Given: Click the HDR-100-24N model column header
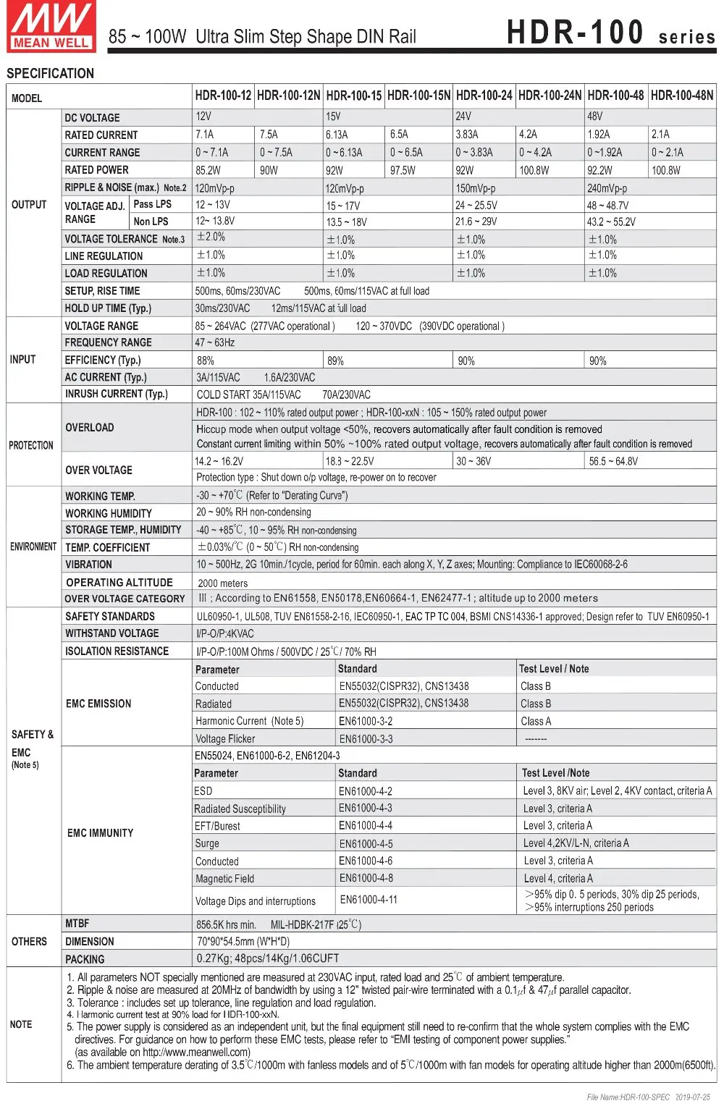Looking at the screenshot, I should pos(550,96).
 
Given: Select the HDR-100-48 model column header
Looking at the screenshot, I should pos(615,96).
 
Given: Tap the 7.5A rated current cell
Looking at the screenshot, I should pos(269,135).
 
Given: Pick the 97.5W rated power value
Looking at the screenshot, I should pos(403,171).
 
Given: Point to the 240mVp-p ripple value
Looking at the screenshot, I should pos(607,188).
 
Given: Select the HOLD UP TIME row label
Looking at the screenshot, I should pos(108,308).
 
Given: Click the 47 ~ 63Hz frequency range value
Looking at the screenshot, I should pos(215,342).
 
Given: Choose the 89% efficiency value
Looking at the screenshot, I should pos(335,360).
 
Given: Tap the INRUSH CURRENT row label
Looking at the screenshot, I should pos(116,395).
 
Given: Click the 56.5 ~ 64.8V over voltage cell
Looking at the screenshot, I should pos(613,461).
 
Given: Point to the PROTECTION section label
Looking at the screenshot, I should pos(31,445).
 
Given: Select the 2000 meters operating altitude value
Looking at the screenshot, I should pos(222,583).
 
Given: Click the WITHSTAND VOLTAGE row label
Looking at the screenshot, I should pos(112,633).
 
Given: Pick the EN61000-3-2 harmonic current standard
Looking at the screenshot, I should pos(366,721).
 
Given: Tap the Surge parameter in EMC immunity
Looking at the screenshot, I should pos(207,843).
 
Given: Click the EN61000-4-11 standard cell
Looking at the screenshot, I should pos(369,900).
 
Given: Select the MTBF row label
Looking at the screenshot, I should pos(77,924).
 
